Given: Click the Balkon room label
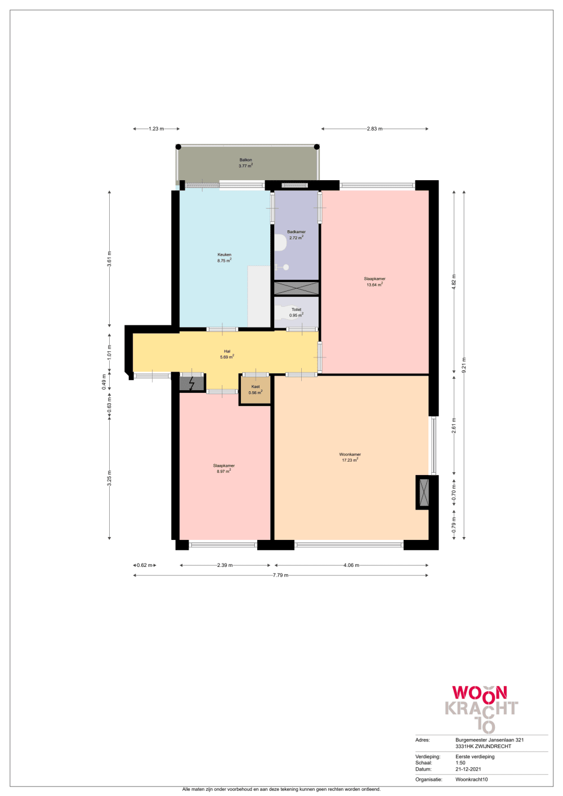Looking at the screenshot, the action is (x=245, y=163).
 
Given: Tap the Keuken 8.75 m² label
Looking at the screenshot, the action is (x=224, y=258).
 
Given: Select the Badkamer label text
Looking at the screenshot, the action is (x=297, y=232).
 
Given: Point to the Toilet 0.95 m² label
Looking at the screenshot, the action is (x=297, y=312).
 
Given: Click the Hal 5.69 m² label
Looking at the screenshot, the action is (x=227, y=354).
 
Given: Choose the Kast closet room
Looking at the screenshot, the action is (x=255, y=390).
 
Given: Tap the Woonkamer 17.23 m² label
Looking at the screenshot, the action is (x=350, y=457).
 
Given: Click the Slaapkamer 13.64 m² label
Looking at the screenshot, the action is (x=374, y=281).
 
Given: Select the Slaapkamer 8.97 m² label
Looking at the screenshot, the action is (x=224, y=468).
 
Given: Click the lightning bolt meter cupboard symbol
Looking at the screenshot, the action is (x=191, y=383).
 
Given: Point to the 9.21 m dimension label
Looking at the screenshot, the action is (x=464, y=365).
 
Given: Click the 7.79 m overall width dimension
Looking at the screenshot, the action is (x=280, y=575).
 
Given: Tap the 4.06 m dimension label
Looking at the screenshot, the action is (x=351, y=565).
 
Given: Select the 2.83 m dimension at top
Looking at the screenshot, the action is (x=374, y=129).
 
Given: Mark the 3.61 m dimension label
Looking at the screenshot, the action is (x=109, y=258).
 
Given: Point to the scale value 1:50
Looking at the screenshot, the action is (x=461, y=763).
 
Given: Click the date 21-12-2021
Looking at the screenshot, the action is (x=468, y=769).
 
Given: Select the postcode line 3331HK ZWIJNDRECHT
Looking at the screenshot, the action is (x=484, y=746).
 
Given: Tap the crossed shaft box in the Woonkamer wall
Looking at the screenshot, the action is (x=424, y=492).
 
